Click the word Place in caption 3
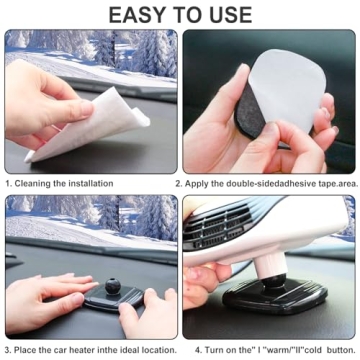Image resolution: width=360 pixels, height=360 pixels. point(33,350)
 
